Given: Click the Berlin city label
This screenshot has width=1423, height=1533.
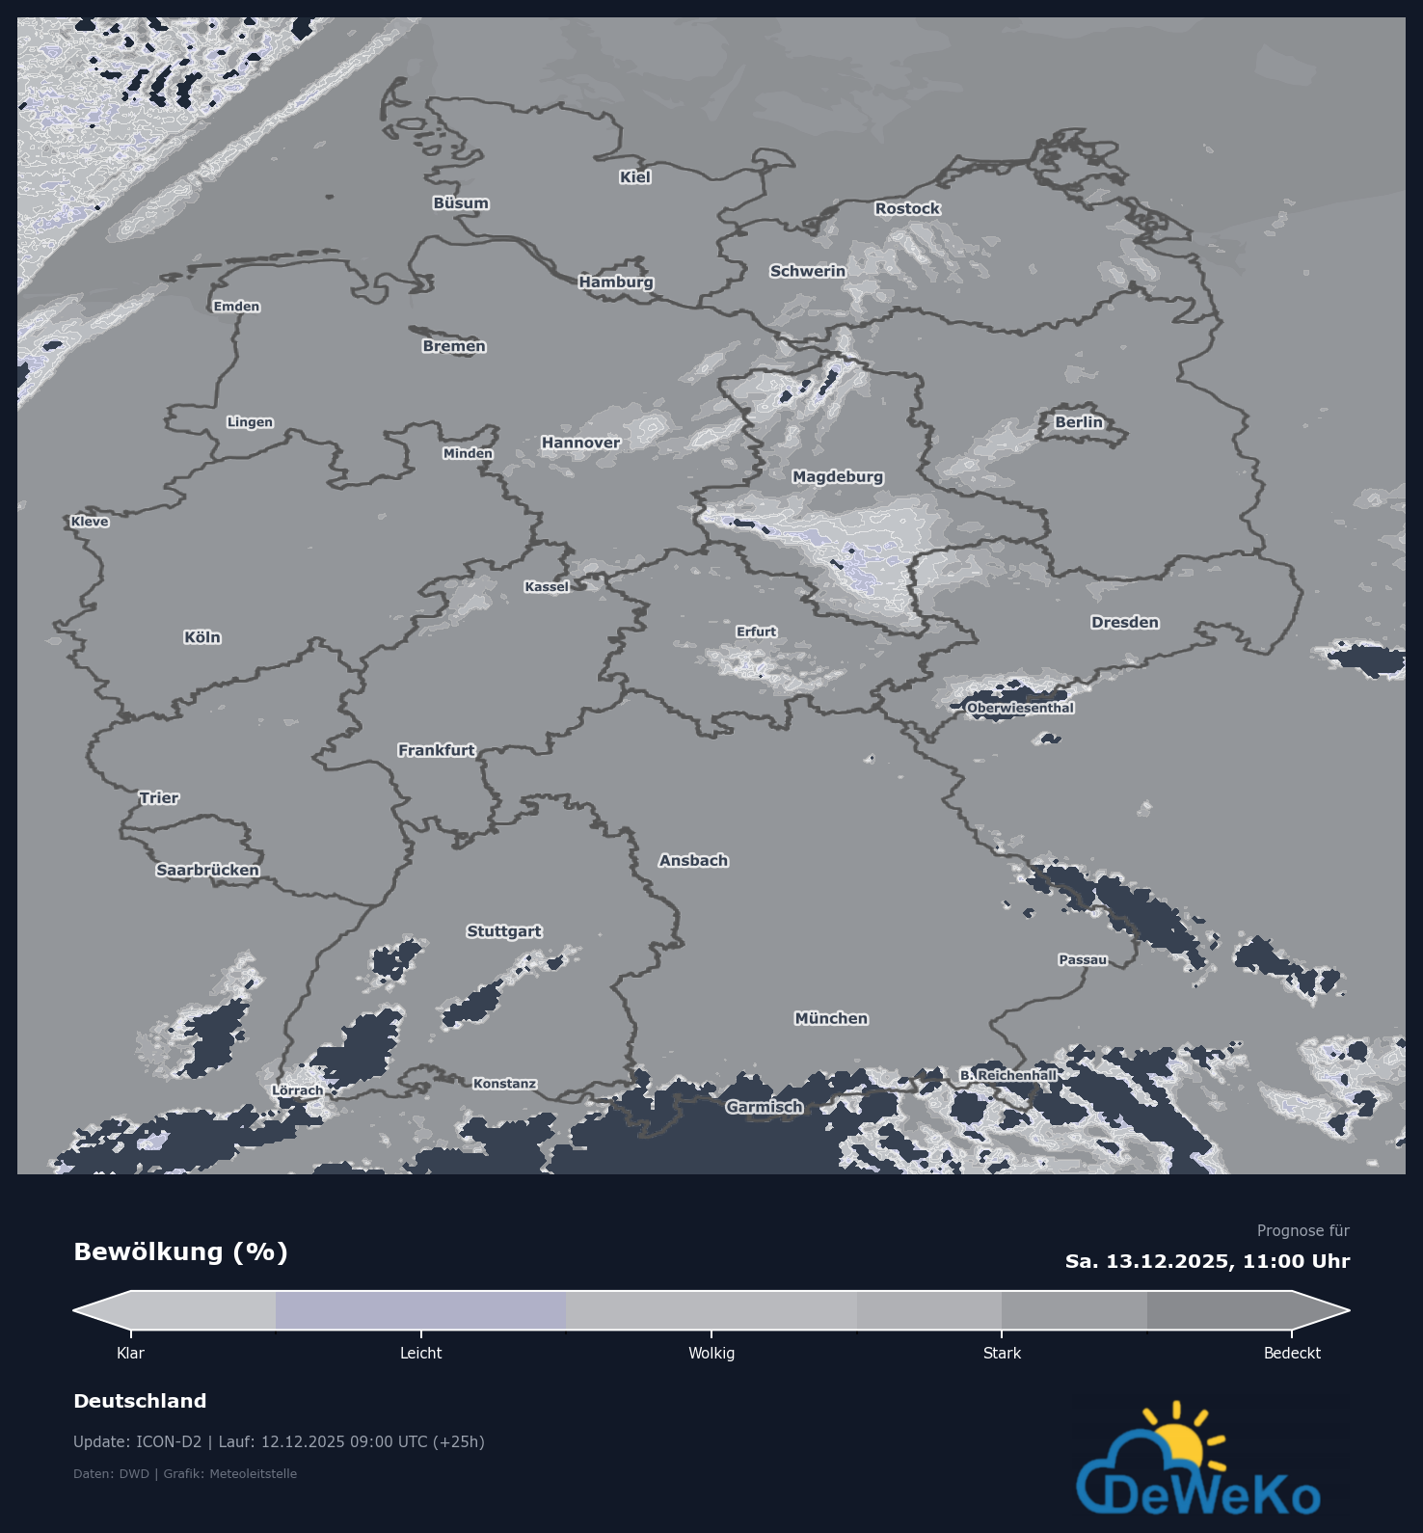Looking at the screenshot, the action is click(x=1079, y=422).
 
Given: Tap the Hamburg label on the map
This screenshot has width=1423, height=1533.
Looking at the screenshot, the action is click(x=616, y=282).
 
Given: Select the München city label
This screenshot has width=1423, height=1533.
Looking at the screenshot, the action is click(x=831, y=1018).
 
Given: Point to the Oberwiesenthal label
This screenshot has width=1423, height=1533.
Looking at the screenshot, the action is click(x=1020, y=708).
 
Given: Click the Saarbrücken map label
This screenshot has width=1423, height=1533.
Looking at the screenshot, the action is click(x=207, y=870).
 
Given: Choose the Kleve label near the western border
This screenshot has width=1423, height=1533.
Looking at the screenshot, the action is click(x=90, y=522).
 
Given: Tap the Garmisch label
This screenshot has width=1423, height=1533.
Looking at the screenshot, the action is click(x=765, y=1107).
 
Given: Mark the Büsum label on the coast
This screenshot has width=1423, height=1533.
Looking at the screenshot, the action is click(x=461, y=203).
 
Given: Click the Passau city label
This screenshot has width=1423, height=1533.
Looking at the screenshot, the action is click(x=1083, y=959).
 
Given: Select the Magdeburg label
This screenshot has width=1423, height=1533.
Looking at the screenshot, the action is click(x=838, y=476).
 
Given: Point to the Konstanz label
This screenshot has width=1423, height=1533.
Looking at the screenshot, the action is click(x=504, y=1084).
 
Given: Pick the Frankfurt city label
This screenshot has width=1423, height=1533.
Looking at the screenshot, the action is click(x=437, y=750).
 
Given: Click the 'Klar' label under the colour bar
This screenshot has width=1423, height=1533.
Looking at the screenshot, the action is click(x=130, y=1353).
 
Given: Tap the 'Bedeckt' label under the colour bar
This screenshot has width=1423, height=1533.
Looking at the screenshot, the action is click(x=1292, y=1353).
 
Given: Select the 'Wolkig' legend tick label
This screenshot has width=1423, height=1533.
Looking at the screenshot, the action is click(x=711, y=1353).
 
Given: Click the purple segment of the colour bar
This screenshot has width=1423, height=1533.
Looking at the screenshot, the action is click(x=420, y=1310).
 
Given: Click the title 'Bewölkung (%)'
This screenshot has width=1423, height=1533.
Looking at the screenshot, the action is click(x=181, y=1251).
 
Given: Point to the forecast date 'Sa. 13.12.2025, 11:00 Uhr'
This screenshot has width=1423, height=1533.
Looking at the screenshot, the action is click(x=1207, y=1261).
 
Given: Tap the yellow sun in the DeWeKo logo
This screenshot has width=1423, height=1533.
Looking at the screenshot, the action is click(x=1178, y=1440).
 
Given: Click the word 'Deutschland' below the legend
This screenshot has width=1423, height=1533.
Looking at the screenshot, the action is click(x=140, y=1401).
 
